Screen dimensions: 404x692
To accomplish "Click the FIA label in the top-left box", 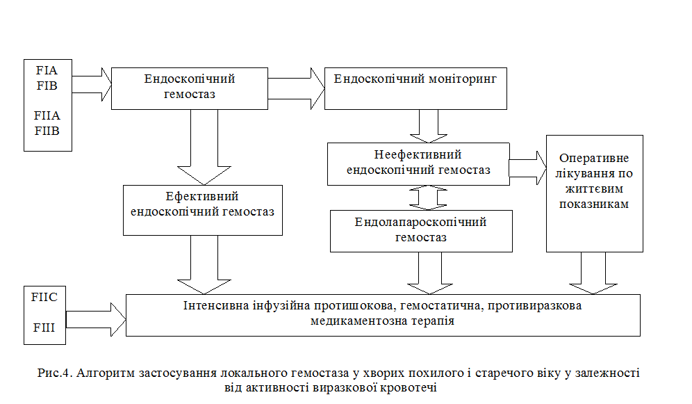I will (x=48, y=71).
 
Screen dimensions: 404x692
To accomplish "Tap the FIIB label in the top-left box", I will (x=48, y=130).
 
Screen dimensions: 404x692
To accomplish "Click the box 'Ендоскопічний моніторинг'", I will (x=415, y=88).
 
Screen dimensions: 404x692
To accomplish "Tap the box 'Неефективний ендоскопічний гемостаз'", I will (x=418, y=163).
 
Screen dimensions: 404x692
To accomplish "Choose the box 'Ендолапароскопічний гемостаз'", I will (x=420, y=230).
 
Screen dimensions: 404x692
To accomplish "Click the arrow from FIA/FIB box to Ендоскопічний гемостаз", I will (x=92, y=85).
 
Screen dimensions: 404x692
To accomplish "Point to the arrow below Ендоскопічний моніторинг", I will (x=423, y=126).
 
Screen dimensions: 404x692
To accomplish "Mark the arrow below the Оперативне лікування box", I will (x=593, y=273).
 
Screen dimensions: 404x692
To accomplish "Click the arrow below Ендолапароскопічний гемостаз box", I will (x=422, y=273).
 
